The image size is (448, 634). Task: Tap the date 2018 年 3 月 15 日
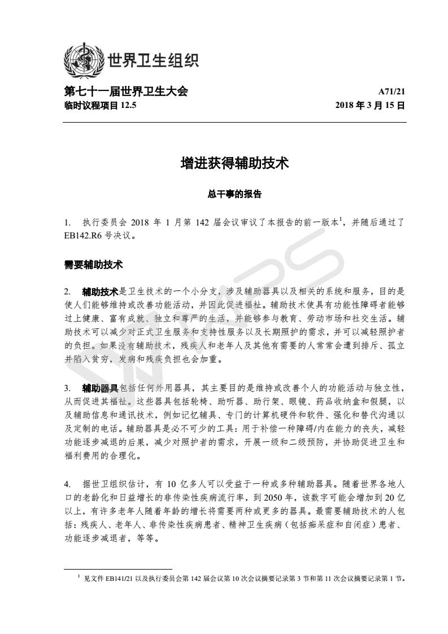[x=370, y=105]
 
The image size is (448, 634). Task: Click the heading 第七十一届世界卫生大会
[x=126, y=92]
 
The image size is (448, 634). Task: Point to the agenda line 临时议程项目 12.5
[x=101, y=105]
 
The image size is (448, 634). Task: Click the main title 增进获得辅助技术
[x=234, y=163]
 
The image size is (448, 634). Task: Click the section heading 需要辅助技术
[x=94, y=264]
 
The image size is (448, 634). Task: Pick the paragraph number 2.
[x=68, y=292]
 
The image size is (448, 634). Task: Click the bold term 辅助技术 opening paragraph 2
[x=100, y=292]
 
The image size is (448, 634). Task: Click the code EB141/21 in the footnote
[x=119, y=579]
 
